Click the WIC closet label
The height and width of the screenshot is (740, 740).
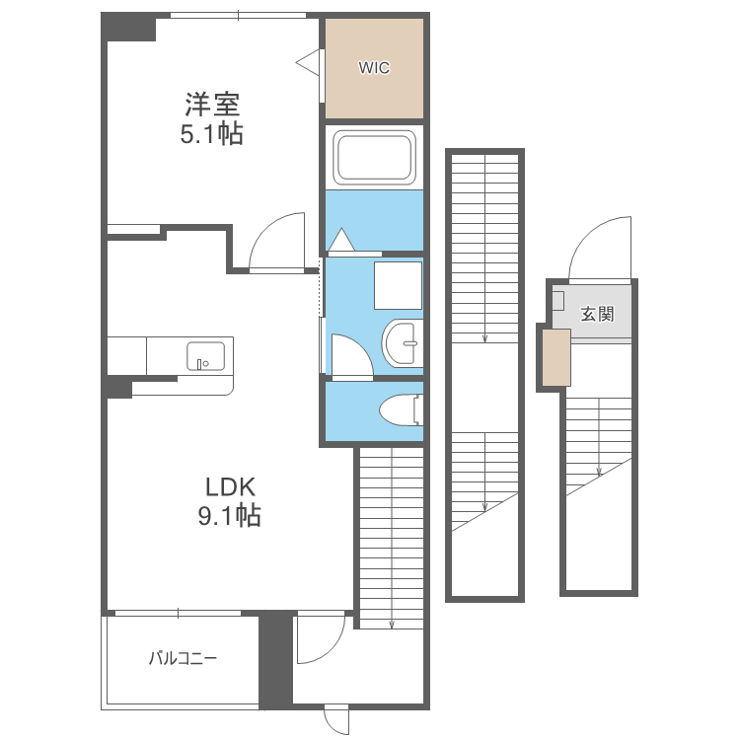[x=374, y=68]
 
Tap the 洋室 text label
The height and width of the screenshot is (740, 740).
[x=212, y=105]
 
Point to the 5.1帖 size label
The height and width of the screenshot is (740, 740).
[x=212, y=133]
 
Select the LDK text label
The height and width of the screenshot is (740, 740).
[x=230, y=487]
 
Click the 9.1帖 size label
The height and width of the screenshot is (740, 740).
[x=229, y=515]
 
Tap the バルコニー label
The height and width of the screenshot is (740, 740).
[x=184, y=658]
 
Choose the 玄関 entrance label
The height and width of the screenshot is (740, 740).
[x=598, y=314]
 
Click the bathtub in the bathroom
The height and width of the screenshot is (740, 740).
[x=374, y=157]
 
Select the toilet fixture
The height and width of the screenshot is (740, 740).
[x=401, y=410]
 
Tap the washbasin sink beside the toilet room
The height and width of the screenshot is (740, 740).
[x=402, y=343]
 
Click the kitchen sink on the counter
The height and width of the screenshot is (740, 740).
[x=206, y=356]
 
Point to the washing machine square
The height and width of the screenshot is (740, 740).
[x=398, y=285]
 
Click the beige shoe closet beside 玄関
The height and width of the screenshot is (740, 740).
[x=556, y=357]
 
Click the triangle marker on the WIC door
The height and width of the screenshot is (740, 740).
[x=308, y=62]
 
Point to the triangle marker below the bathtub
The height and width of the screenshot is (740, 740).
[x=341, y=240]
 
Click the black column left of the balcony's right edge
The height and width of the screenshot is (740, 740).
[x=275, y=660]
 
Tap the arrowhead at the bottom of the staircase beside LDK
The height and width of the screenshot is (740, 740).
[x=392, y=626]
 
